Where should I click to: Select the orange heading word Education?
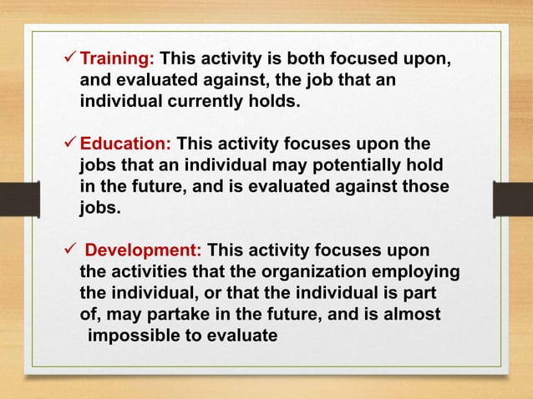coord(124,142)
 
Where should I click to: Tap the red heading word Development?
coord(143,250)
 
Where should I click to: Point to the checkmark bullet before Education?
coord(69,142)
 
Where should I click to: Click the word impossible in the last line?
coord(134,336)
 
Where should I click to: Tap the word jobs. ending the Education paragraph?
coord(100,207)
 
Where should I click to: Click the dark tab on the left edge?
coord(15,200)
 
